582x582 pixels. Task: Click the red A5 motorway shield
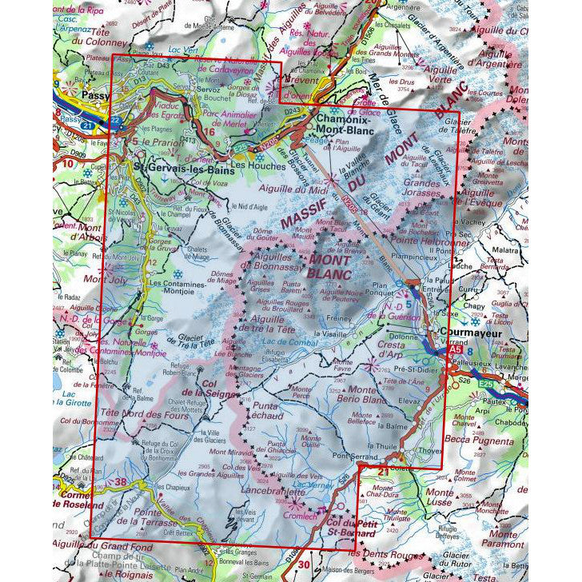tap(456, 349)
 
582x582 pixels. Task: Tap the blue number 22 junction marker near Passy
tap(115, 121)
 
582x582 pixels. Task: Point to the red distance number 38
tap(121, 481)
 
